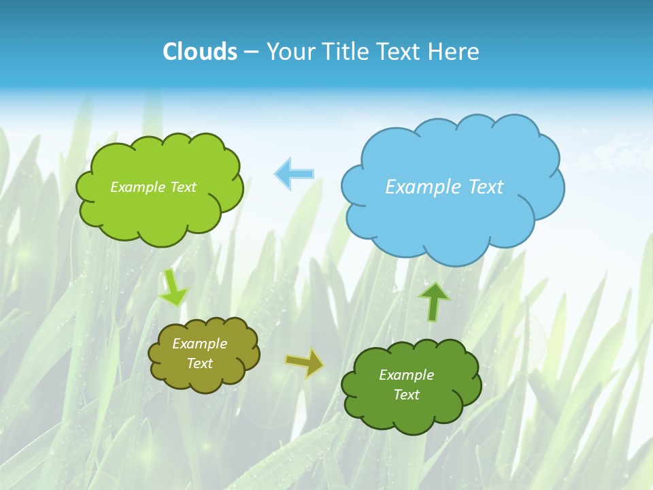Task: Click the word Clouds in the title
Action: (200, 52)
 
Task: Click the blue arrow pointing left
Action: (295, 174)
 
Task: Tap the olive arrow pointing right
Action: (304, 363)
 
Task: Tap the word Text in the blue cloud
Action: (486, 186)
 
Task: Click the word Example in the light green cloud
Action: (137, 186)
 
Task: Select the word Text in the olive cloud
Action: (199, 363)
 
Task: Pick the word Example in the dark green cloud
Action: (406, 375)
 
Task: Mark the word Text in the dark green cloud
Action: (406, 395)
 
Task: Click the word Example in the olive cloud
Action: (199, 344)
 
